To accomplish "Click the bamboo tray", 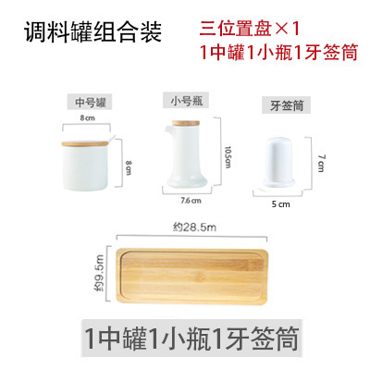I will point(189,277).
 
